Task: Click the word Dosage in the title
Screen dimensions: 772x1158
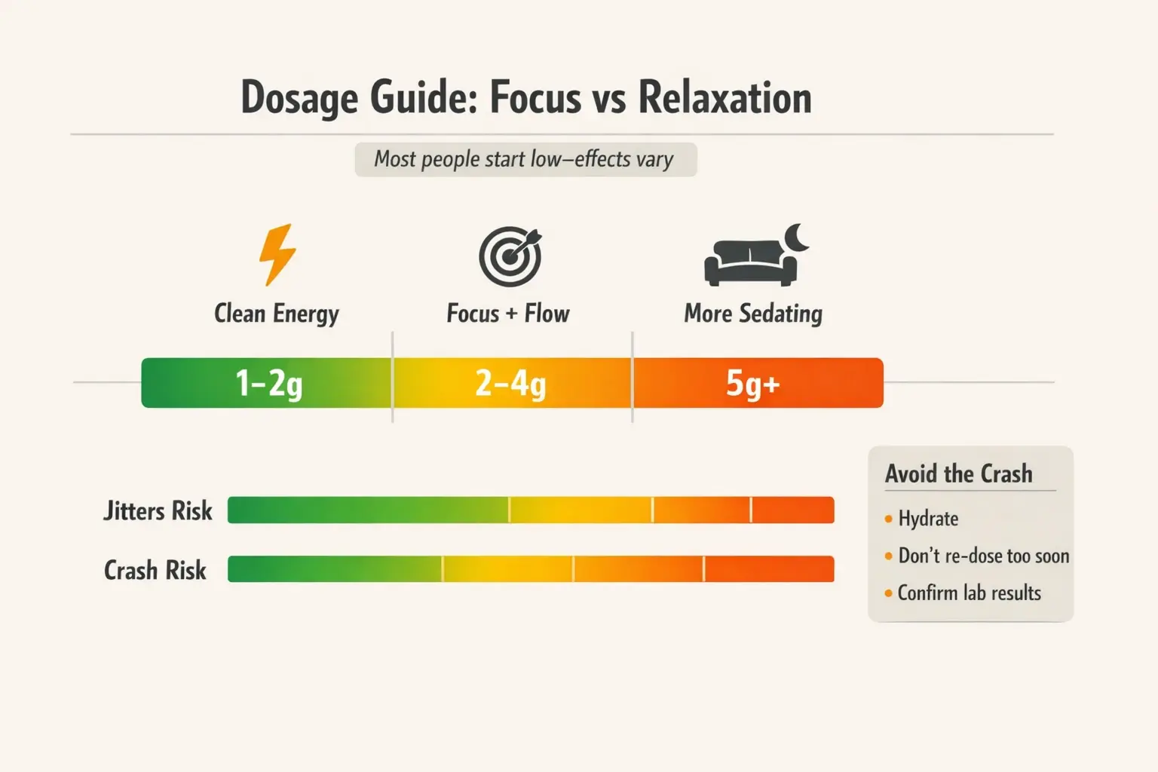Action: point(299,98)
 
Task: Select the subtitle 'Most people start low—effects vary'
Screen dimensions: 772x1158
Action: point(525,160)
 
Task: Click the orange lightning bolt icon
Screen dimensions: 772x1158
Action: point(277,254)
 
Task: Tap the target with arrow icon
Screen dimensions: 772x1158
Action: point(510,256)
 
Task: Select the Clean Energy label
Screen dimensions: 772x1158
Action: point(276,314)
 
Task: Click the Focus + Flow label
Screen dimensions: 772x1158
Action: point(507,314)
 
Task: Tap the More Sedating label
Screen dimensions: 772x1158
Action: point(752,314)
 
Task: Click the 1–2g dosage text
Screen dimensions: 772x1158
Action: point(268,384)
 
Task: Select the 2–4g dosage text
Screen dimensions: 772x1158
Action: point(510,384)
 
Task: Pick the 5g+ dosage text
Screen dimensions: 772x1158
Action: point(752,384)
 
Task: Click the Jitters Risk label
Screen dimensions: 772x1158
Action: point(158,511)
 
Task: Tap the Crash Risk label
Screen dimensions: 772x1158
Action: point(155,571)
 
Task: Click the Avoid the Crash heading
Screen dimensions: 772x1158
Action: point(958,474)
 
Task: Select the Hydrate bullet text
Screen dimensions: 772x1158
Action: point(928,519)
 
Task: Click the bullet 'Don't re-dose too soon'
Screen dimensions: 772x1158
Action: point(983,556)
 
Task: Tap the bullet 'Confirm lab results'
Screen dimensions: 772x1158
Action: point(969,593)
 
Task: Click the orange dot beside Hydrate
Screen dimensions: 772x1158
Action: point(889,519)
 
